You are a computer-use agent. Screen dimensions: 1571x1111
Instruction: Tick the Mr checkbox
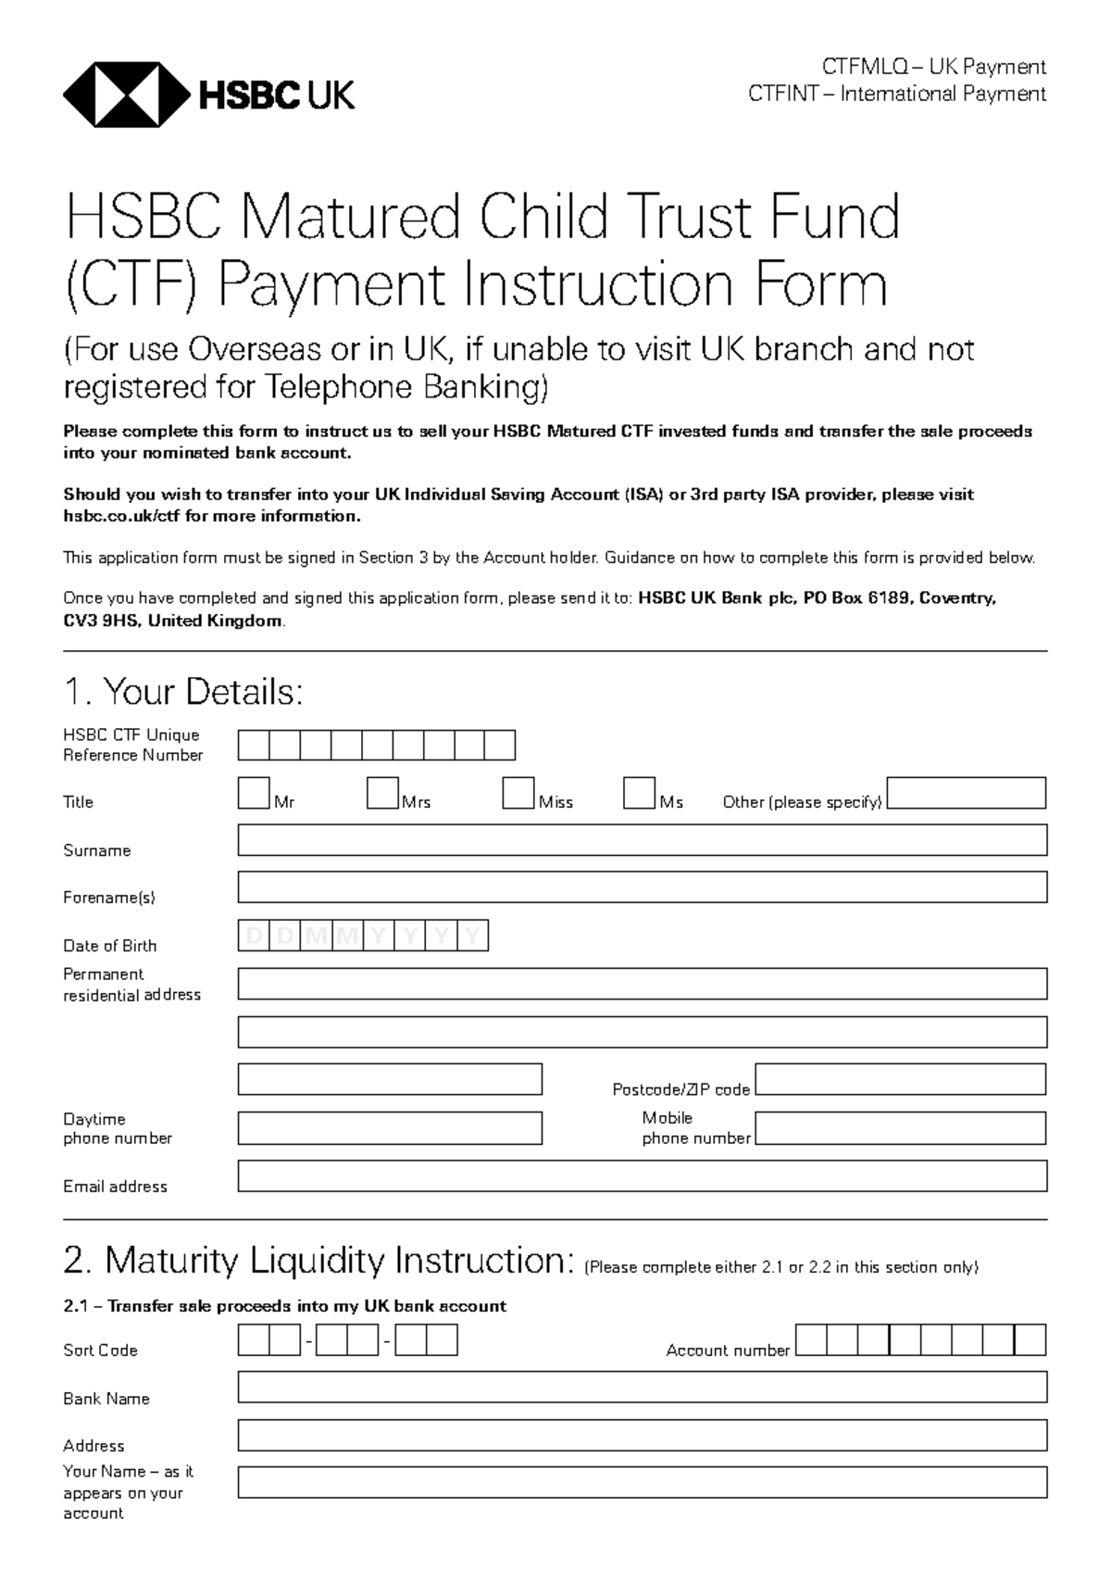[x=254, y=794]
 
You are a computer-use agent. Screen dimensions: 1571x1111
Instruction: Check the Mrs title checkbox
[x=382, y=794]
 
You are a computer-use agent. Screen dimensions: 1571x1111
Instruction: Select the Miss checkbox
[x=518, y=794]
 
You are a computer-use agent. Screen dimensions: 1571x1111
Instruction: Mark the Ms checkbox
[x=639, y=794]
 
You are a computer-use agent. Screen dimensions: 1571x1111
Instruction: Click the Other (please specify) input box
[x=966, y=794]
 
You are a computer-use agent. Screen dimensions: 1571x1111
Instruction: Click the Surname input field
[x=642, y=840]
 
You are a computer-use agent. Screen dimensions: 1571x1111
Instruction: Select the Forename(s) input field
[x=642, y=887]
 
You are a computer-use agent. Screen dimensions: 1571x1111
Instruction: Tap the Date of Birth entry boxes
[x=363, y=936]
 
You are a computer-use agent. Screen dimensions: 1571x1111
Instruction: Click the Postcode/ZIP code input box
[x=900, y=1079]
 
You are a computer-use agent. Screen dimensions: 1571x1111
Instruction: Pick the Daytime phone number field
[x=390, y=1128]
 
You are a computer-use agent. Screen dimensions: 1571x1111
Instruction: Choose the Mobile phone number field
[x=900, y=1128]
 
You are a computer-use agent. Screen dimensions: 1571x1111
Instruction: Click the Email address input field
[x=642, y=1176]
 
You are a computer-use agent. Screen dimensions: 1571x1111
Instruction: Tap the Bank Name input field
[x=642, y=1388]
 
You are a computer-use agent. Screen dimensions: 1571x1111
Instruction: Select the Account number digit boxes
[x=920, y=1340]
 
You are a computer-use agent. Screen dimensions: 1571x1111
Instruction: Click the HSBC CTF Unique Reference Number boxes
[x=376, y=746]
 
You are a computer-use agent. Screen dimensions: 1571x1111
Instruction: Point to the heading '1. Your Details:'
[x=183, y=692]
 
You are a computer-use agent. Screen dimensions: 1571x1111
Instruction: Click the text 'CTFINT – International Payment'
[x=896, y=94]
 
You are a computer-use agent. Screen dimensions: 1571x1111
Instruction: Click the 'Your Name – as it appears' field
[x=642, y=1482]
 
